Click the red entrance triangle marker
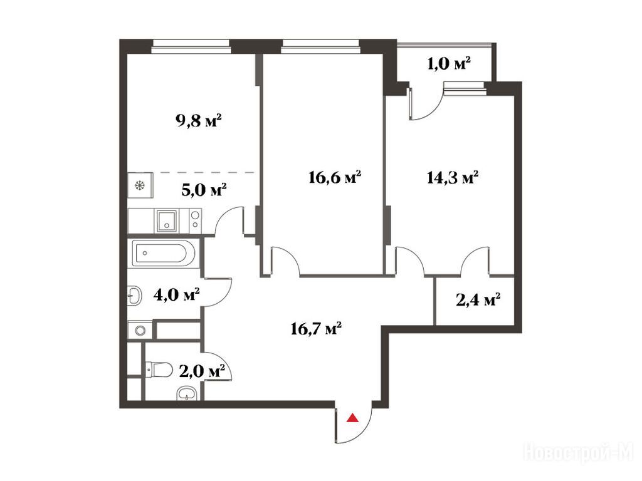click(x=352, y=418)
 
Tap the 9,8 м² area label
click(x=199, y=121)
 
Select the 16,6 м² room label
click(x=335, y=177)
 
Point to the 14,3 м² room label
click(x=453, y=177)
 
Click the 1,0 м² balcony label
click(x=449, y=64)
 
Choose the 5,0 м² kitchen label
click(x=204, y=190)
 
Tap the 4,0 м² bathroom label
click(x=176, y=294)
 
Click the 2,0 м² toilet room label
click(x=203, y=372)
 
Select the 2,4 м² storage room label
click(x=478, y=301)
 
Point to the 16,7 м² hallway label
click(x=316, y=328)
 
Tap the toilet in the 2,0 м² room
click(x=159, y=370)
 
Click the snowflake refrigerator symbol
click(x=140, y=186)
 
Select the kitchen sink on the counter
click(x=167, y=221)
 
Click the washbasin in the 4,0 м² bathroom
click(x=135, y=296)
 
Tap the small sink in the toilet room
click(x=187, y=394)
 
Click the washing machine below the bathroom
click(x=140, y=331)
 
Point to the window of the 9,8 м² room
click(x=191, y=46)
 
